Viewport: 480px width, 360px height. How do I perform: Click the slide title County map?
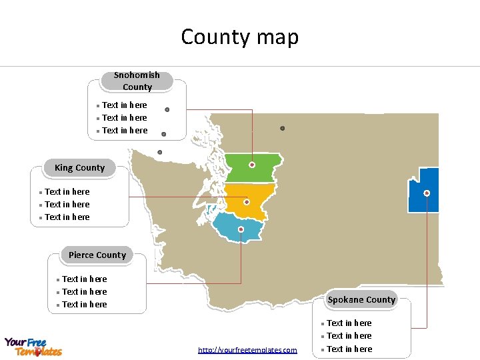tap(240, 37)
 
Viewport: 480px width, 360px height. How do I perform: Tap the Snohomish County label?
tap(137, 81)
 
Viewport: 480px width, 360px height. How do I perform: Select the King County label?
tap(79, 168)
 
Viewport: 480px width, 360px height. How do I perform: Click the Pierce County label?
tap(97, 255)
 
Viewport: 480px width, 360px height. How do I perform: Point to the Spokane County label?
tap(361, 299)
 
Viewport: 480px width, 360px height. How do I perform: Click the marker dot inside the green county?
tap(252, 164)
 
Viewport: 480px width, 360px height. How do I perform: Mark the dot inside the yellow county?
tap(247, 201)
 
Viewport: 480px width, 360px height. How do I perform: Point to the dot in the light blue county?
tap(241, 229)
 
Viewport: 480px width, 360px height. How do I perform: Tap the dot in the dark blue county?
tap(427, 193)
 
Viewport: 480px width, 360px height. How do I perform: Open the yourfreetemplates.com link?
tap(247, 350)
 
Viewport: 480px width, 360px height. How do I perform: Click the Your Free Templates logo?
tap(33, 347)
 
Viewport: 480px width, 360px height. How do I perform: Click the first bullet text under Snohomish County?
tap(125, 105)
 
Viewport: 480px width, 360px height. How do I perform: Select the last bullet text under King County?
tap(67, 217)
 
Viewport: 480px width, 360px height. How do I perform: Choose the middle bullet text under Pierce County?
tap(84, 291)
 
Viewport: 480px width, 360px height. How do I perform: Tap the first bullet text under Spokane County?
tap(349, 323)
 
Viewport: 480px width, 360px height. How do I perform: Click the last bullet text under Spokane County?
tap(349, 349)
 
